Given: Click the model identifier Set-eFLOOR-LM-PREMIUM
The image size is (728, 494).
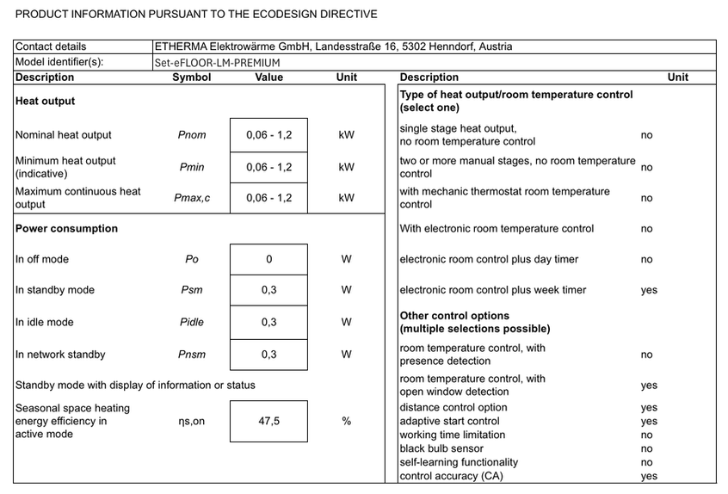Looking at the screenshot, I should point(217,63).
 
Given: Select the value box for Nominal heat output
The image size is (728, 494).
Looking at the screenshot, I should point(268,135).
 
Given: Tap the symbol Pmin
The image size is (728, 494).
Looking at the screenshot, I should point(192,168).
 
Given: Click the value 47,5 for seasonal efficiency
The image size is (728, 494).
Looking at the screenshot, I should point(268,421).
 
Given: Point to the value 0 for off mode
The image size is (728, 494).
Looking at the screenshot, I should point(268,260).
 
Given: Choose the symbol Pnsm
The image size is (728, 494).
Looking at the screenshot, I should point(192,355).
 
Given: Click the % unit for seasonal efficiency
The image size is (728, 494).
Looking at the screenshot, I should point(346,421).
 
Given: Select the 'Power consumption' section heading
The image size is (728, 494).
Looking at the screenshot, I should point(66,229).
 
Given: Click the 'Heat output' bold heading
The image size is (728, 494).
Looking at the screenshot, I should point(45,102).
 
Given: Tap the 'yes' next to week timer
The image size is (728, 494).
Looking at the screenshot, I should point(649,291).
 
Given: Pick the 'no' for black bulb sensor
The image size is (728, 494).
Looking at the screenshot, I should point(647,449).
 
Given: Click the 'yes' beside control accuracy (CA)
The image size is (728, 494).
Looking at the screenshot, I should point(649,477).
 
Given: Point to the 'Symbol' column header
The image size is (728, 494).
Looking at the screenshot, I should point(192,77).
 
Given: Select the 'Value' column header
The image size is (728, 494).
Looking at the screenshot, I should point(268,77).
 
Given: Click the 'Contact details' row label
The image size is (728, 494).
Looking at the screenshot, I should point(51,46).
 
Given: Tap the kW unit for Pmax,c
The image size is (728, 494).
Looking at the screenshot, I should point(346,198).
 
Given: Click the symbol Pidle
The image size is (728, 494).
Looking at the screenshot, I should point(192,323).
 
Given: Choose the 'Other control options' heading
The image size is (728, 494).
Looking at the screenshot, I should point(454,316).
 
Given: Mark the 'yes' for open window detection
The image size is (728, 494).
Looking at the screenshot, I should point(649,386).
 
